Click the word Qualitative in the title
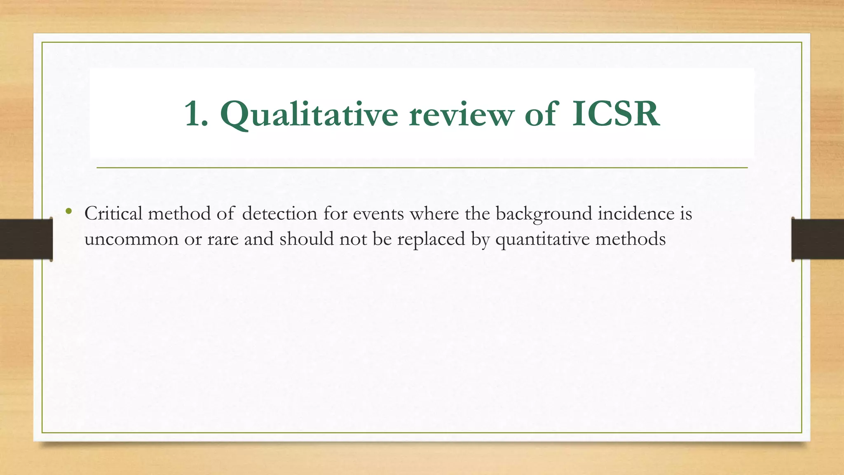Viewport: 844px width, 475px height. (309, 114)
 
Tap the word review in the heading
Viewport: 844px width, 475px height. (461, 114)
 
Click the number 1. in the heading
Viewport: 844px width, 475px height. (196, 114)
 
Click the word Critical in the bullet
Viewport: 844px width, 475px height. (113, 214)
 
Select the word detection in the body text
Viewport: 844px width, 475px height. (279, 214)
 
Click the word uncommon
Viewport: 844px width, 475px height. (131, 239)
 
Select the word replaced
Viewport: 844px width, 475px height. (431, 239)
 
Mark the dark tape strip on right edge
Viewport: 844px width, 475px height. (818, 239)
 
